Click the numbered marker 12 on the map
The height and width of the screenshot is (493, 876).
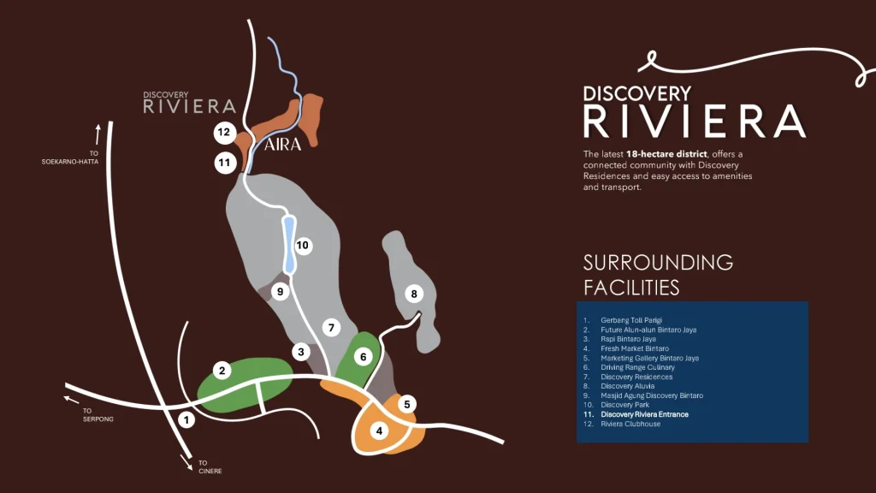point(224,133)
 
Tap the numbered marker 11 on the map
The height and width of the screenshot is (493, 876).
point(225,162)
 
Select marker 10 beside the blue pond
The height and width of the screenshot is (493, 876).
point(302,246)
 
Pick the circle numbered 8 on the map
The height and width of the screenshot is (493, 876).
point(414,294)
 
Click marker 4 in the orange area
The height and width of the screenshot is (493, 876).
point(380,431)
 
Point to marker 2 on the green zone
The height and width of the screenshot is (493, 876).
point(222,371)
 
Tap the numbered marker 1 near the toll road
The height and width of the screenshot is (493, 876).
point(186,420)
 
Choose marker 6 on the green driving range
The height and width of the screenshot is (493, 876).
point(363,356)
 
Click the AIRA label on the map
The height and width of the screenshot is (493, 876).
point(282,145)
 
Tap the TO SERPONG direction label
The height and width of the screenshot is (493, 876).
point(98,415)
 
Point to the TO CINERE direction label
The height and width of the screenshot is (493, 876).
point(210,467)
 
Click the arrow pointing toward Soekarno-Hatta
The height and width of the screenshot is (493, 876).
point(98,133)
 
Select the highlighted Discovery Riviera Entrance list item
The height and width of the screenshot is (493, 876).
point(644,414)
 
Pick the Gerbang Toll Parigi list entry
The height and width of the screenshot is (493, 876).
point(632,320)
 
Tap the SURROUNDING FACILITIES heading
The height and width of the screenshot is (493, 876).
point(658,274)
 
